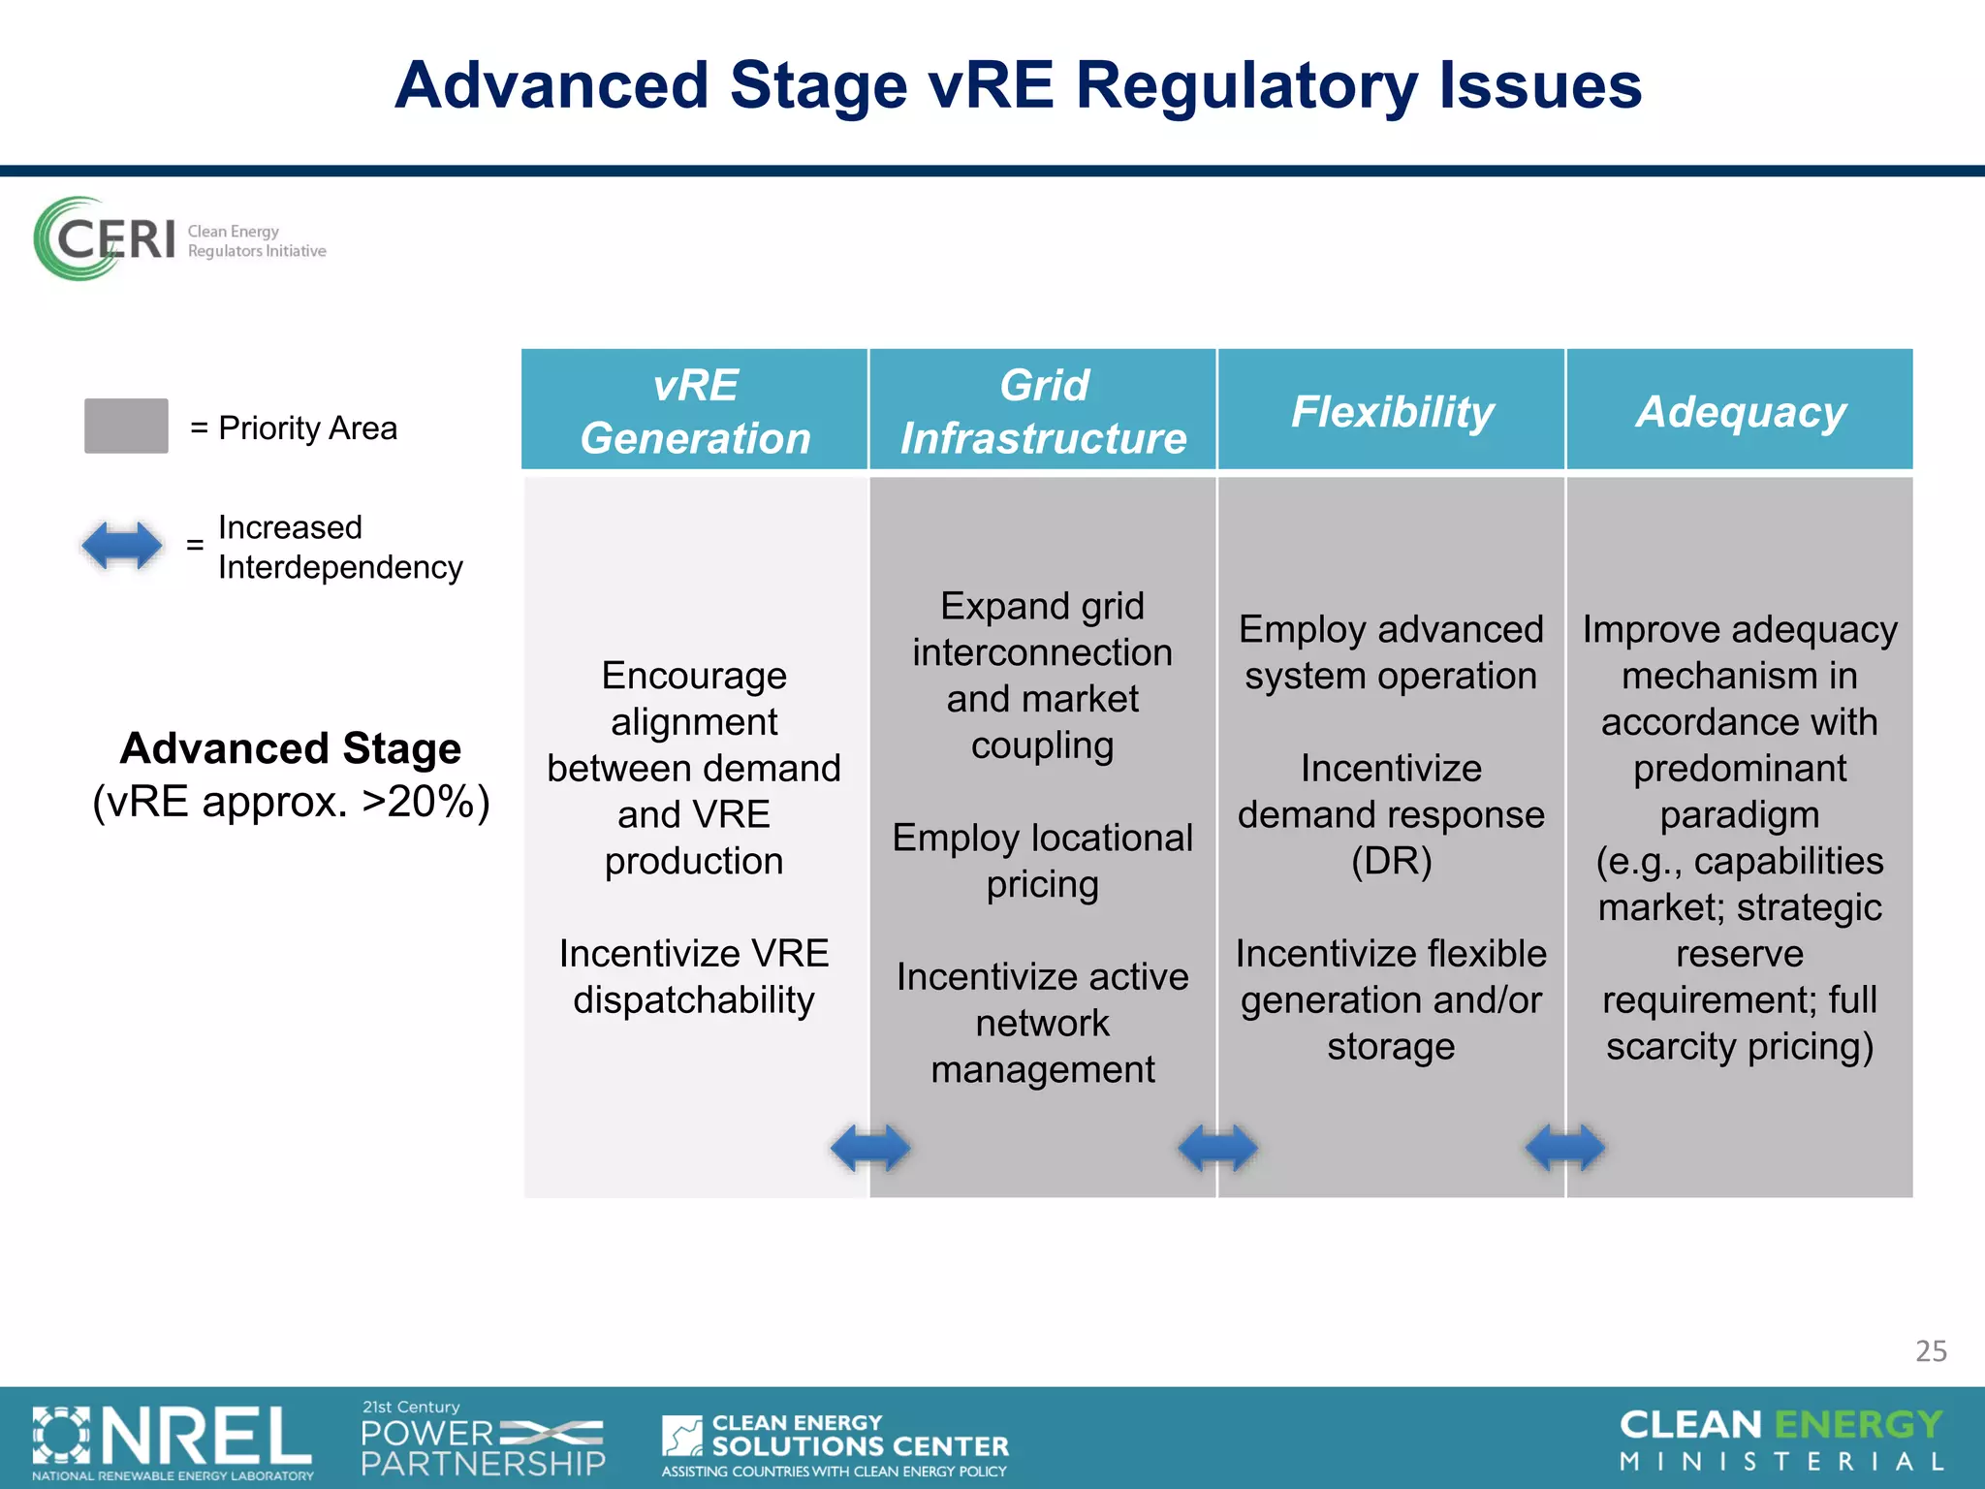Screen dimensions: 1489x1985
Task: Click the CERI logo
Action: point(179,239)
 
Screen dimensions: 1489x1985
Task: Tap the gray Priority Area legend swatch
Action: point(126,426)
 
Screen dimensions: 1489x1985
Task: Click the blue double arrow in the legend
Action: point(122,546)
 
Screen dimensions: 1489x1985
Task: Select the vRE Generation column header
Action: point(695,411)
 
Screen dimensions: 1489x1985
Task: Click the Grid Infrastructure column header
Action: point(1043,411)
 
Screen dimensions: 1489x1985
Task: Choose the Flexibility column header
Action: point(1392,411)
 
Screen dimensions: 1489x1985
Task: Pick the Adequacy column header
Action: point(1740,411)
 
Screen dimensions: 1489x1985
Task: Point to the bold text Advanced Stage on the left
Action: point(291,748)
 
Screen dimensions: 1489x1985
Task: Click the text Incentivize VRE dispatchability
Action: point(694,976)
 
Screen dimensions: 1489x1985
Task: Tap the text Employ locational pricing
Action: point(1043,861)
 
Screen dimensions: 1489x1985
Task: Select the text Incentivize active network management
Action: point(1043,1023)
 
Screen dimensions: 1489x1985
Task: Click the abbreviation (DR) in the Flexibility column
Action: point(1392,861)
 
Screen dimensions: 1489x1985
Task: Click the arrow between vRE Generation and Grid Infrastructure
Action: point(870,1148)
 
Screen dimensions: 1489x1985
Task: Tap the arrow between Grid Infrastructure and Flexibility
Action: point(1217,1148)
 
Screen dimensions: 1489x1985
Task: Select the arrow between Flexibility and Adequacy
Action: point(1564,1148)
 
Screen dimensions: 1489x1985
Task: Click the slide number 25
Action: point(1931,1350)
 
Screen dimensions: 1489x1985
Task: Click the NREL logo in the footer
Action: point(173,1441)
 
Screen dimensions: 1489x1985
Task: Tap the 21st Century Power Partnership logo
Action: point(483,1440)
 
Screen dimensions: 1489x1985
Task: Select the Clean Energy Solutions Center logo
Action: point(835,1443)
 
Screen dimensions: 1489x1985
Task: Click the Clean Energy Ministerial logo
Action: point(1781,1441)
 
